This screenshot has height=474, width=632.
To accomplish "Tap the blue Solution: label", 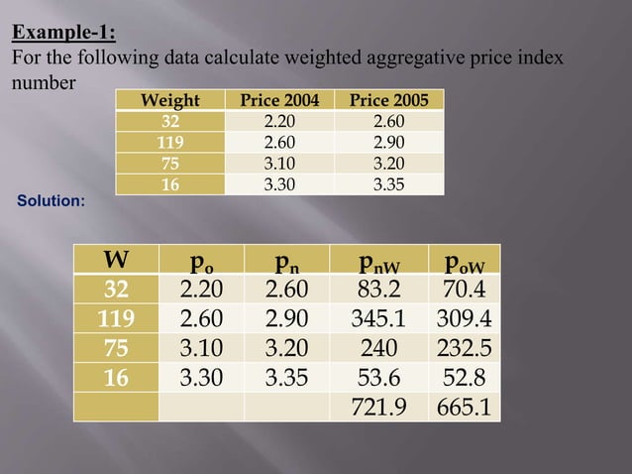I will [x=52, y=201].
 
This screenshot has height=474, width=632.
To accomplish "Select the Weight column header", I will [x=170, y=100].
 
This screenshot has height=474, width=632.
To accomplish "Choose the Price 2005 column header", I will [x=389, y=100].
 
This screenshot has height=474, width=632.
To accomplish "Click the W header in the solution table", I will [x=116, y=262].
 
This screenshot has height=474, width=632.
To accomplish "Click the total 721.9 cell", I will [x=379, y=406].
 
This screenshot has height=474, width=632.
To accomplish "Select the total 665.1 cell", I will [x=464, y=406].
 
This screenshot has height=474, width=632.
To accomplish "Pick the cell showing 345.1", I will [x=379, y=319].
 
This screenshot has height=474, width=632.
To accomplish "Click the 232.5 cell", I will [x=464, y=348].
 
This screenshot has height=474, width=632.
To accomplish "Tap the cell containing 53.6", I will [x=379, y=377].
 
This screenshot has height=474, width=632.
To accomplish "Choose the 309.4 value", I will [x=464, y=319].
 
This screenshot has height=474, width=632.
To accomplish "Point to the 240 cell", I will [x=379, y=348].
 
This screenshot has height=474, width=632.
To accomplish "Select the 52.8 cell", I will [x=464, y=377].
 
